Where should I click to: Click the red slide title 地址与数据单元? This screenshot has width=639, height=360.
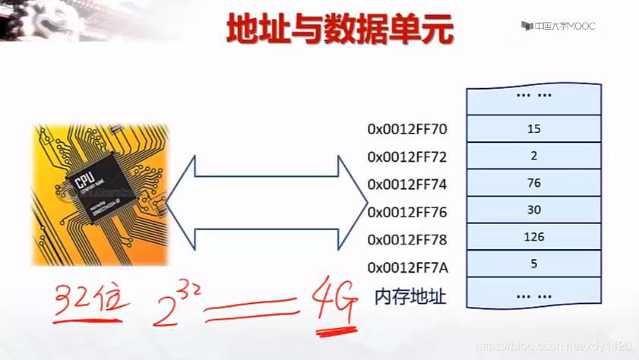click(x=340, y=31)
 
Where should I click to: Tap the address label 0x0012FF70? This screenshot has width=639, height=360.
click(x=407, y=129)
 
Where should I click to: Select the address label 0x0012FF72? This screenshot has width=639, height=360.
click(x=407, y=157)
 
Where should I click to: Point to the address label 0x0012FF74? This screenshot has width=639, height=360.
click(x=407, y=185)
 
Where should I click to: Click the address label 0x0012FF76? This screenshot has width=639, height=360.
click(x=407, y=212)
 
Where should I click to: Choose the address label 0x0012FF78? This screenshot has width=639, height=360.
click(x=407, y=240)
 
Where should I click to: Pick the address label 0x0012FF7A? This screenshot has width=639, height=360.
click(x=407, y=267)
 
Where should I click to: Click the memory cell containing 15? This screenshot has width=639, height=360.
click(x=533, y=128)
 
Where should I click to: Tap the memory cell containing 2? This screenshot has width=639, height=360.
click(x=533, y=156)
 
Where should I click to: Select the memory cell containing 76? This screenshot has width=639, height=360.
click(x=533, y=183)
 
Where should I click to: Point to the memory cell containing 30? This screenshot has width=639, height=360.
click(x=533, y=210)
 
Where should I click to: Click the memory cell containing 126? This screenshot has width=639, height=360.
click(x=533, y=237)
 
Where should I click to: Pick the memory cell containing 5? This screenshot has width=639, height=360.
click(x=533, y=264)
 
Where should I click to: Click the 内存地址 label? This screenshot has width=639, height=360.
click(x=410, y=296)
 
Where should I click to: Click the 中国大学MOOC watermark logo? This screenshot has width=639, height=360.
click(x=558, y=26)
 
